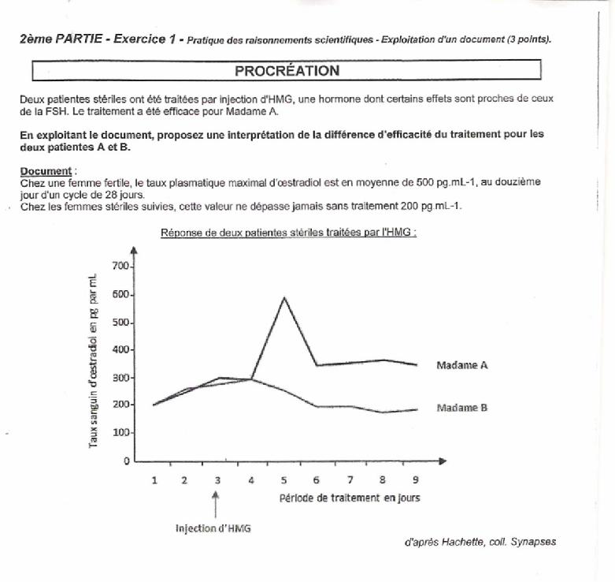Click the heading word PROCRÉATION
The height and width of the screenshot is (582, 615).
tap(287, 71)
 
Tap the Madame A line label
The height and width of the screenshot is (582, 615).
tap(462, 365)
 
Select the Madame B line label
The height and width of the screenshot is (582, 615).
tap(462, 408)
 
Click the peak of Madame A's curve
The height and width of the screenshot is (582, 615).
tap(283, 297)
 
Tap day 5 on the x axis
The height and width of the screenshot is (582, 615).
tap(283, 479)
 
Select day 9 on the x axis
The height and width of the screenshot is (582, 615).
tap(415, 479)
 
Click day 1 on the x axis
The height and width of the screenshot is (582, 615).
tap(154, 479)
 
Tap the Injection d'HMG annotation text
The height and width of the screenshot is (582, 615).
tap(213, 529)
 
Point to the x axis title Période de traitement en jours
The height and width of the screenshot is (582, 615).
tap(350, 498)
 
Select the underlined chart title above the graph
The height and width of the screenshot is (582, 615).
tap(288, 233)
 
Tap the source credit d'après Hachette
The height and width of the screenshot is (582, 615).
tap(479, 542)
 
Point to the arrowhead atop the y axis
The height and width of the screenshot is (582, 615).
tap(135, 250)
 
